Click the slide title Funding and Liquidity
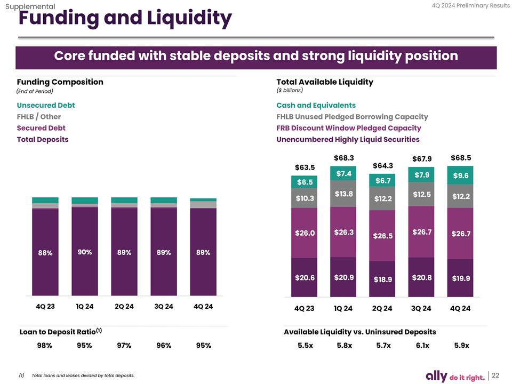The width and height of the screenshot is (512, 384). click(125, 19)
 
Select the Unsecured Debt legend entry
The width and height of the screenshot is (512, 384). click(46, 105)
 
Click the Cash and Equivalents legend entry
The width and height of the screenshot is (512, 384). click(316, 105)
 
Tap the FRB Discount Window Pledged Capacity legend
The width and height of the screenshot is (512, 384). click(348, 128)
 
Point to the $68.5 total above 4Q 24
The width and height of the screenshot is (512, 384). click(461, 158)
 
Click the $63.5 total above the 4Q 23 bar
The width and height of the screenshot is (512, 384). click(305, 167)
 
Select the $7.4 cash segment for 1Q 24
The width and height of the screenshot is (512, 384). click(343, 173)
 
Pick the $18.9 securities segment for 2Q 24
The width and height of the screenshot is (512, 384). click(383, 279)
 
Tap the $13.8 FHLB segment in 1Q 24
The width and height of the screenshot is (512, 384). click(343, 194)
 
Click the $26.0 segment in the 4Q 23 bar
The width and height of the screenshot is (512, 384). click(305, 233)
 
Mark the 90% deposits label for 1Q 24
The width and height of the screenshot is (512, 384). click(85, 252)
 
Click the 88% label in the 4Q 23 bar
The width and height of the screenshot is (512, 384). click(45, 253)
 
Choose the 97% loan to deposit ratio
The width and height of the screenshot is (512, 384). click(124, 345)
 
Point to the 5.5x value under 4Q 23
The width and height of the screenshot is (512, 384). click(305, 345)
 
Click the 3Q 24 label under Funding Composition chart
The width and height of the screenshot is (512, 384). click(164, 306)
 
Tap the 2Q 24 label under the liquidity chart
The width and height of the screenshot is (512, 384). click(382, 308)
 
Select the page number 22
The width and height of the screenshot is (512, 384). click(495, 375)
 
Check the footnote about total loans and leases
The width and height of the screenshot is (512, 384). click(83, 376)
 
